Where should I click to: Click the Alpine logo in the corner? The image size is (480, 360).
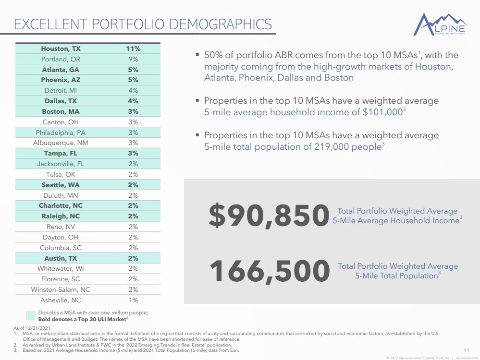[440, 24]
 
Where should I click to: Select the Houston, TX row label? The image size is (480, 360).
[61, 48]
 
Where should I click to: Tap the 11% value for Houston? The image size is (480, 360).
[133, 48]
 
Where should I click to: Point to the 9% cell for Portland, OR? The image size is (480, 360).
[133, 59]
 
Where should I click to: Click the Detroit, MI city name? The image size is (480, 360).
[61, 91]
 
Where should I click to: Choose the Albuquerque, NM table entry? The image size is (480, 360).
[61, 143]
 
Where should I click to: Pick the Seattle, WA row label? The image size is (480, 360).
[61, 185]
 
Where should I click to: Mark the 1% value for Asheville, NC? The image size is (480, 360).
[133, 300]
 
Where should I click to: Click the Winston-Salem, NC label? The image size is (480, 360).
[61, 289]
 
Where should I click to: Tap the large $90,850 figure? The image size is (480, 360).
[269, 216]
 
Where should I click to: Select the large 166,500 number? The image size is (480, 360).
[270, 271]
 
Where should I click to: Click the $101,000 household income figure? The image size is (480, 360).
[382, 112]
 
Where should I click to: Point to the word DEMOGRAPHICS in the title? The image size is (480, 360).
[221, 24]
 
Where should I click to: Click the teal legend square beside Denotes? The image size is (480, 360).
[31, 316]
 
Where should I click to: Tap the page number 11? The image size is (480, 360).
[466, 350]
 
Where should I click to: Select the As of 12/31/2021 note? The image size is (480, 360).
[33, 328]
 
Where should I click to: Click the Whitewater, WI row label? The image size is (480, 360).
[61, 268]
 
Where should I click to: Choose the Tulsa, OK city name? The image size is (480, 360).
[61, 174]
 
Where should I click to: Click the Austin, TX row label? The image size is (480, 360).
[61, 258]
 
